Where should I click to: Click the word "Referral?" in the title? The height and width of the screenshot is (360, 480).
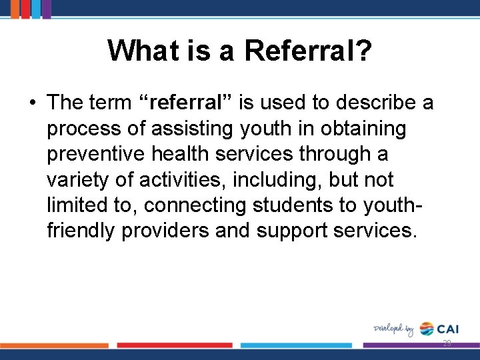point(308,50)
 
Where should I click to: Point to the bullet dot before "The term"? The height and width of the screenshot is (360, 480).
point(31,103)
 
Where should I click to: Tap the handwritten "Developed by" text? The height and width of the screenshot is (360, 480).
point(393,329)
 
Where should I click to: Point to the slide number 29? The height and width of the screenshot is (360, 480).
point(447,343)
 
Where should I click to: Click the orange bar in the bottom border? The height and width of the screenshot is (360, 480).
point(54,345)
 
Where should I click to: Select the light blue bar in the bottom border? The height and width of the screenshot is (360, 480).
point(296,345)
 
